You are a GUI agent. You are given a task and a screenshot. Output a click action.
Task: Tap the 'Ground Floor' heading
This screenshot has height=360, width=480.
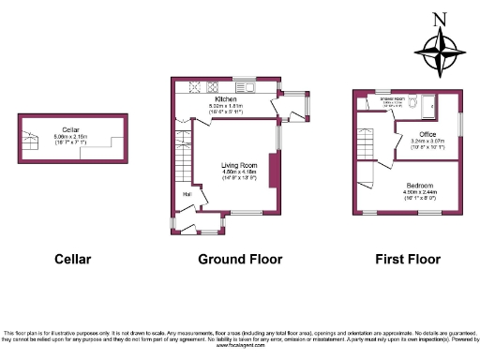click(x=230, y=259)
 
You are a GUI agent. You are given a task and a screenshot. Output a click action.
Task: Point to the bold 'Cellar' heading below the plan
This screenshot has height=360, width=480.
click(x=72, y=259)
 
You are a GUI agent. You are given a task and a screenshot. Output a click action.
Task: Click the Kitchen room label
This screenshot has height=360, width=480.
click(x=225, y=98)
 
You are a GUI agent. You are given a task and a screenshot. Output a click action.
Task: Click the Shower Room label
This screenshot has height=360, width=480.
click(x=390, y=97)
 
